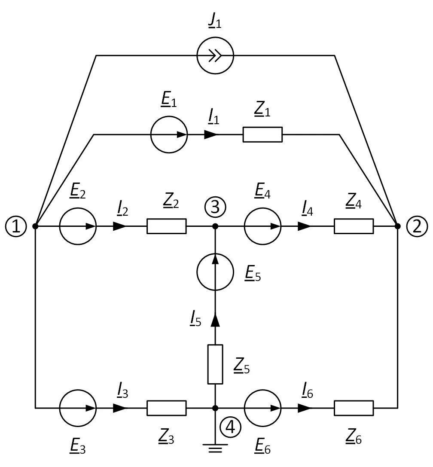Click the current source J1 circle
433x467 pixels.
point(215,55)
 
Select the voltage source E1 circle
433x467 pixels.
point(169,134)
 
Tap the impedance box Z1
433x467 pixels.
point(262,134)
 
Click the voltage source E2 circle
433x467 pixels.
point(78,226)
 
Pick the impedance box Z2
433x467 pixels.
point(167,226)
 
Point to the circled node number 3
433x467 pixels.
point(215,207)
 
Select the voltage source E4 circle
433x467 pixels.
point(263,226)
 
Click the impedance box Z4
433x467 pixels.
point(354,226)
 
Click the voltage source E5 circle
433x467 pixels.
point(215,272)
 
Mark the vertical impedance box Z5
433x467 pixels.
point(215,364)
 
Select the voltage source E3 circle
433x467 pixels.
point(78,408)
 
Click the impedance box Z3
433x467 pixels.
point(167,408)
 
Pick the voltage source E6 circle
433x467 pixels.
point(263,408)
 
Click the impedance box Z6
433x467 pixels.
point(354,408)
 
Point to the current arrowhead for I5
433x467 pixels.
point(215,320)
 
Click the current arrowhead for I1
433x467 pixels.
point(211,134)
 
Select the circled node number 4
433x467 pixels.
point(230,427)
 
